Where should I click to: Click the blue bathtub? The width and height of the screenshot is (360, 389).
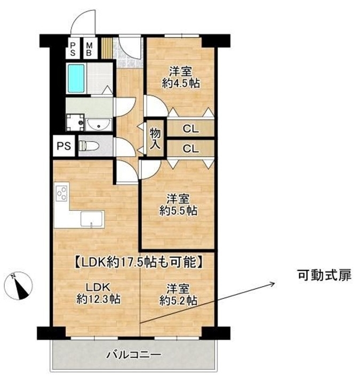point(76,78)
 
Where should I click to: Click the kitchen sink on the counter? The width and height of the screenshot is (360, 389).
point(92,219)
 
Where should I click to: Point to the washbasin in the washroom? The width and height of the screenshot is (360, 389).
point(99,125)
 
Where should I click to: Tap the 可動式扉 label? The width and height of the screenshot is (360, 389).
point(325,275)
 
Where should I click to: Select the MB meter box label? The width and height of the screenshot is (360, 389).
point(89,49)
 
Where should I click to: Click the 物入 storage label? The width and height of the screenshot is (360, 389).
point(155,139)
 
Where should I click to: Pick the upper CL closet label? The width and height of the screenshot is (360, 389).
point(191,129)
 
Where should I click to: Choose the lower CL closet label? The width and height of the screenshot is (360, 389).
point(191,149)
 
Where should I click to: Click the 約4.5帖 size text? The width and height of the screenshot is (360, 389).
point(181,83)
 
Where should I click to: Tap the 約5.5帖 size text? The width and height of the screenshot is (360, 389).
point(178,211)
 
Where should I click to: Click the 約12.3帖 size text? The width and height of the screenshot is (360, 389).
point(99,299)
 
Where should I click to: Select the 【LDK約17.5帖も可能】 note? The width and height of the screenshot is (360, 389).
point(139,262)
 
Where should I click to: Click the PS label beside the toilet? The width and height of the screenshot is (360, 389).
point(64,146)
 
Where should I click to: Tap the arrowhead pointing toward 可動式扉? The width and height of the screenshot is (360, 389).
point(273,284)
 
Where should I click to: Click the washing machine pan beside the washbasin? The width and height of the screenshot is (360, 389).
point(75,122)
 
